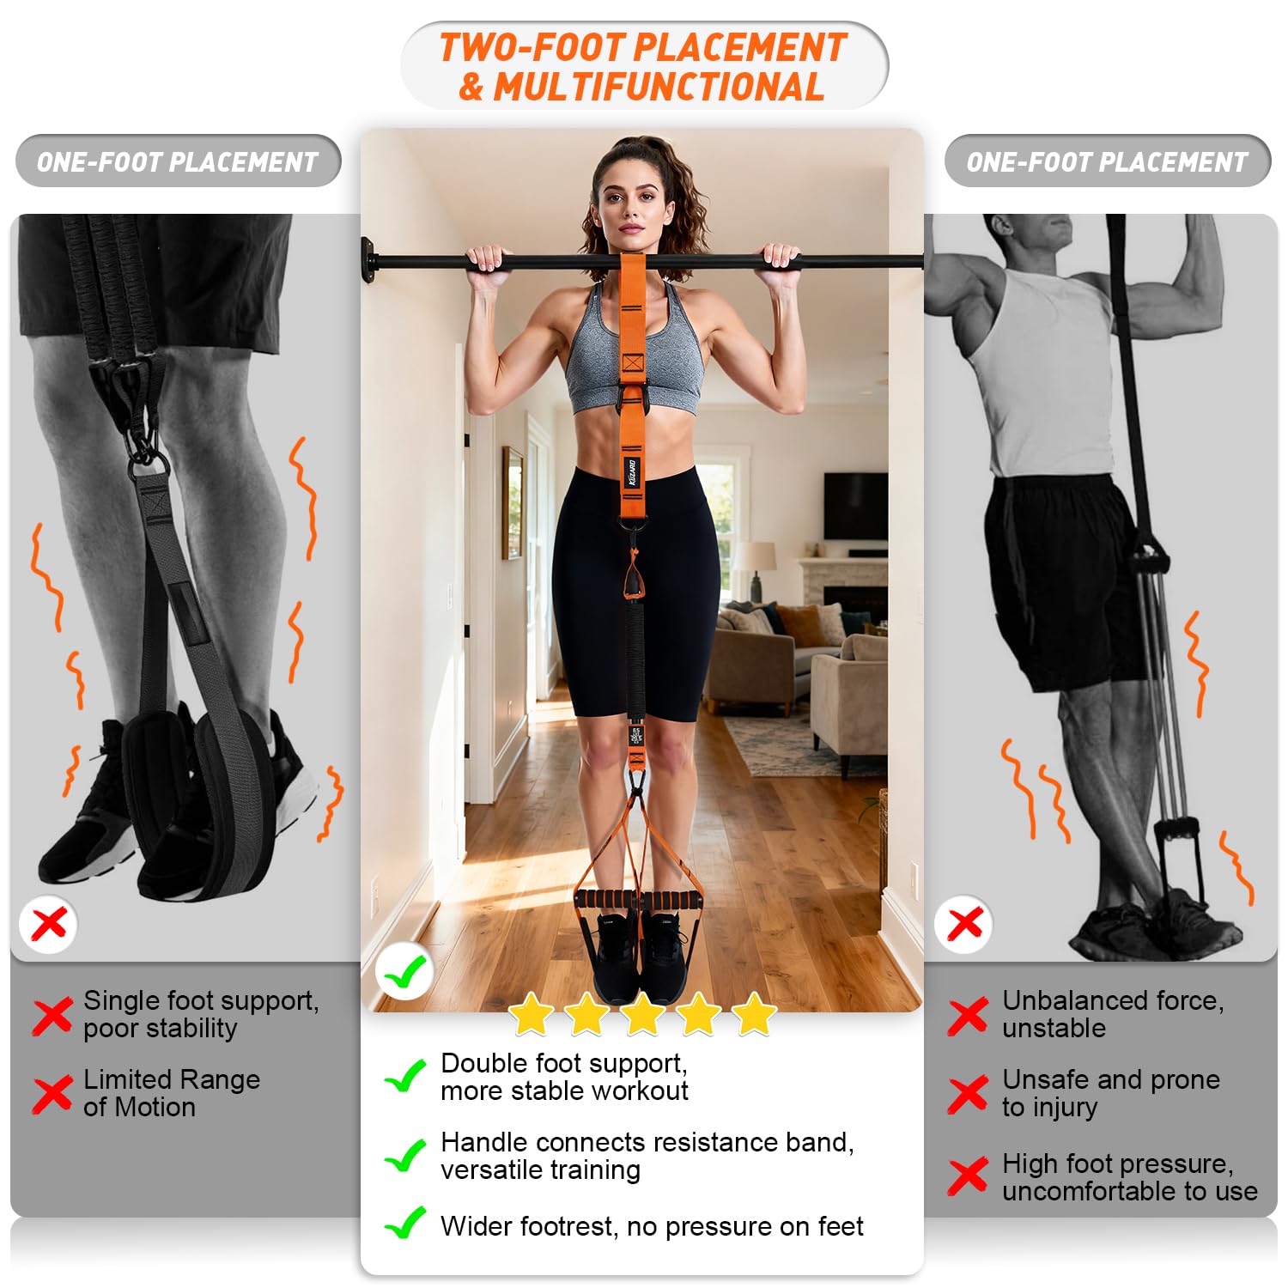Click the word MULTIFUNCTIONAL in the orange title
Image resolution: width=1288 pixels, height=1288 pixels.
coord(659,87)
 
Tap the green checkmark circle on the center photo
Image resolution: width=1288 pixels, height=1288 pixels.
coord(404,971)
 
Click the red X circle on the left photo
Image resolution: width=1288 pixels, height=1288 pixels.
coord(48,925)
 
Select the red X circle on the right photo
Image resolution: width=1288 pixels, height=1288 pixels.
coord(964,924)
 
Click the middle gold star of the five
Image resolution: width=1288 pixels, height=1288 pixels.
coord(643,1014)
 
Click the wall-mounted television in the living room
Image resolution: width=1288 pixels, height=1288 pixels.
coord(855,506)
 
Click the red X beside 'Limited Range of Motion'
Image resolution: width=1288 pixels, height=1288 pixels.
coord(52,1094)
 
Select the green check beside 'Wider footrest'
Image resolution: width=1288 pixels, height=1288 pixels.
coord(405,1223)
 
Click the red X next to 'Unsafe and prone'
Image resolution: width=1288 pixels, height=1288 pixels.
coord(969,1094)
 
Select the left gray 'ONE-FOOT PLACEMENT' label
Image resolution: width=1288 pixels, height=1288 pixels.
coord(178,161)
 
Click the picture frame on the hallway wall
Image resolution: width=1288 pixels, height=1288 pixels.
coord(513,503)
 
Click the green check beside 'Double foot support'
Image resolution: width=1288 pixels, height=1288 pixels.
coord(405,1075)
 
